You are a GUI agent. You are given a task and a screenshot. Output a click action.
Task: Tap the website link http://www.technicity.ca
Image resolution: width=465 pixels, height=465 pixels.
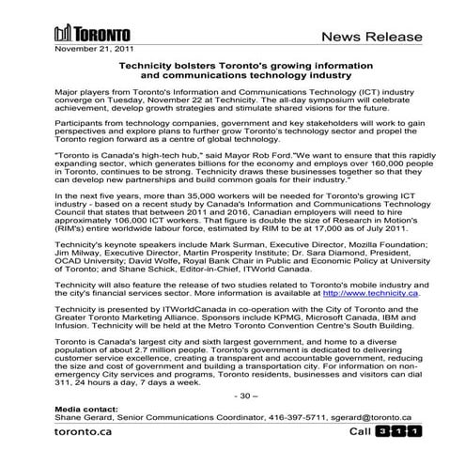364,293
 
